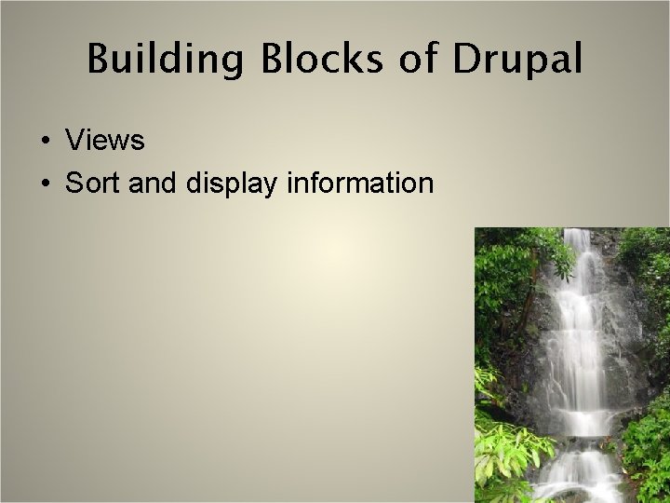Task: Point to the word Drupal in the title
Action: (x=517, y=60)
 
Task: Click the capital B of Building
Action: (x=99, y=60)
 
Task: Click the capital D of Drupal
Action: (x=466, y=60)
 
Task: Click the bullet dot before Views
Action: (x=45, y=142)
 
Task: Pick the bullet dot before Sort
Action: (x=45, y=184)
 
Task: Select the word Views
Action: (x=105, y=141)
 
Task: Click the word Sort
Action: (x=94, y=184)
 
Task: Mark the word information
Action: (x=360, y=184)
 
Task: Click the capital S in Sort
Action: (x=74, y=184)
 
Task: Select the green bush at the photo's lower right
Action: (x=647, y=447)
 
